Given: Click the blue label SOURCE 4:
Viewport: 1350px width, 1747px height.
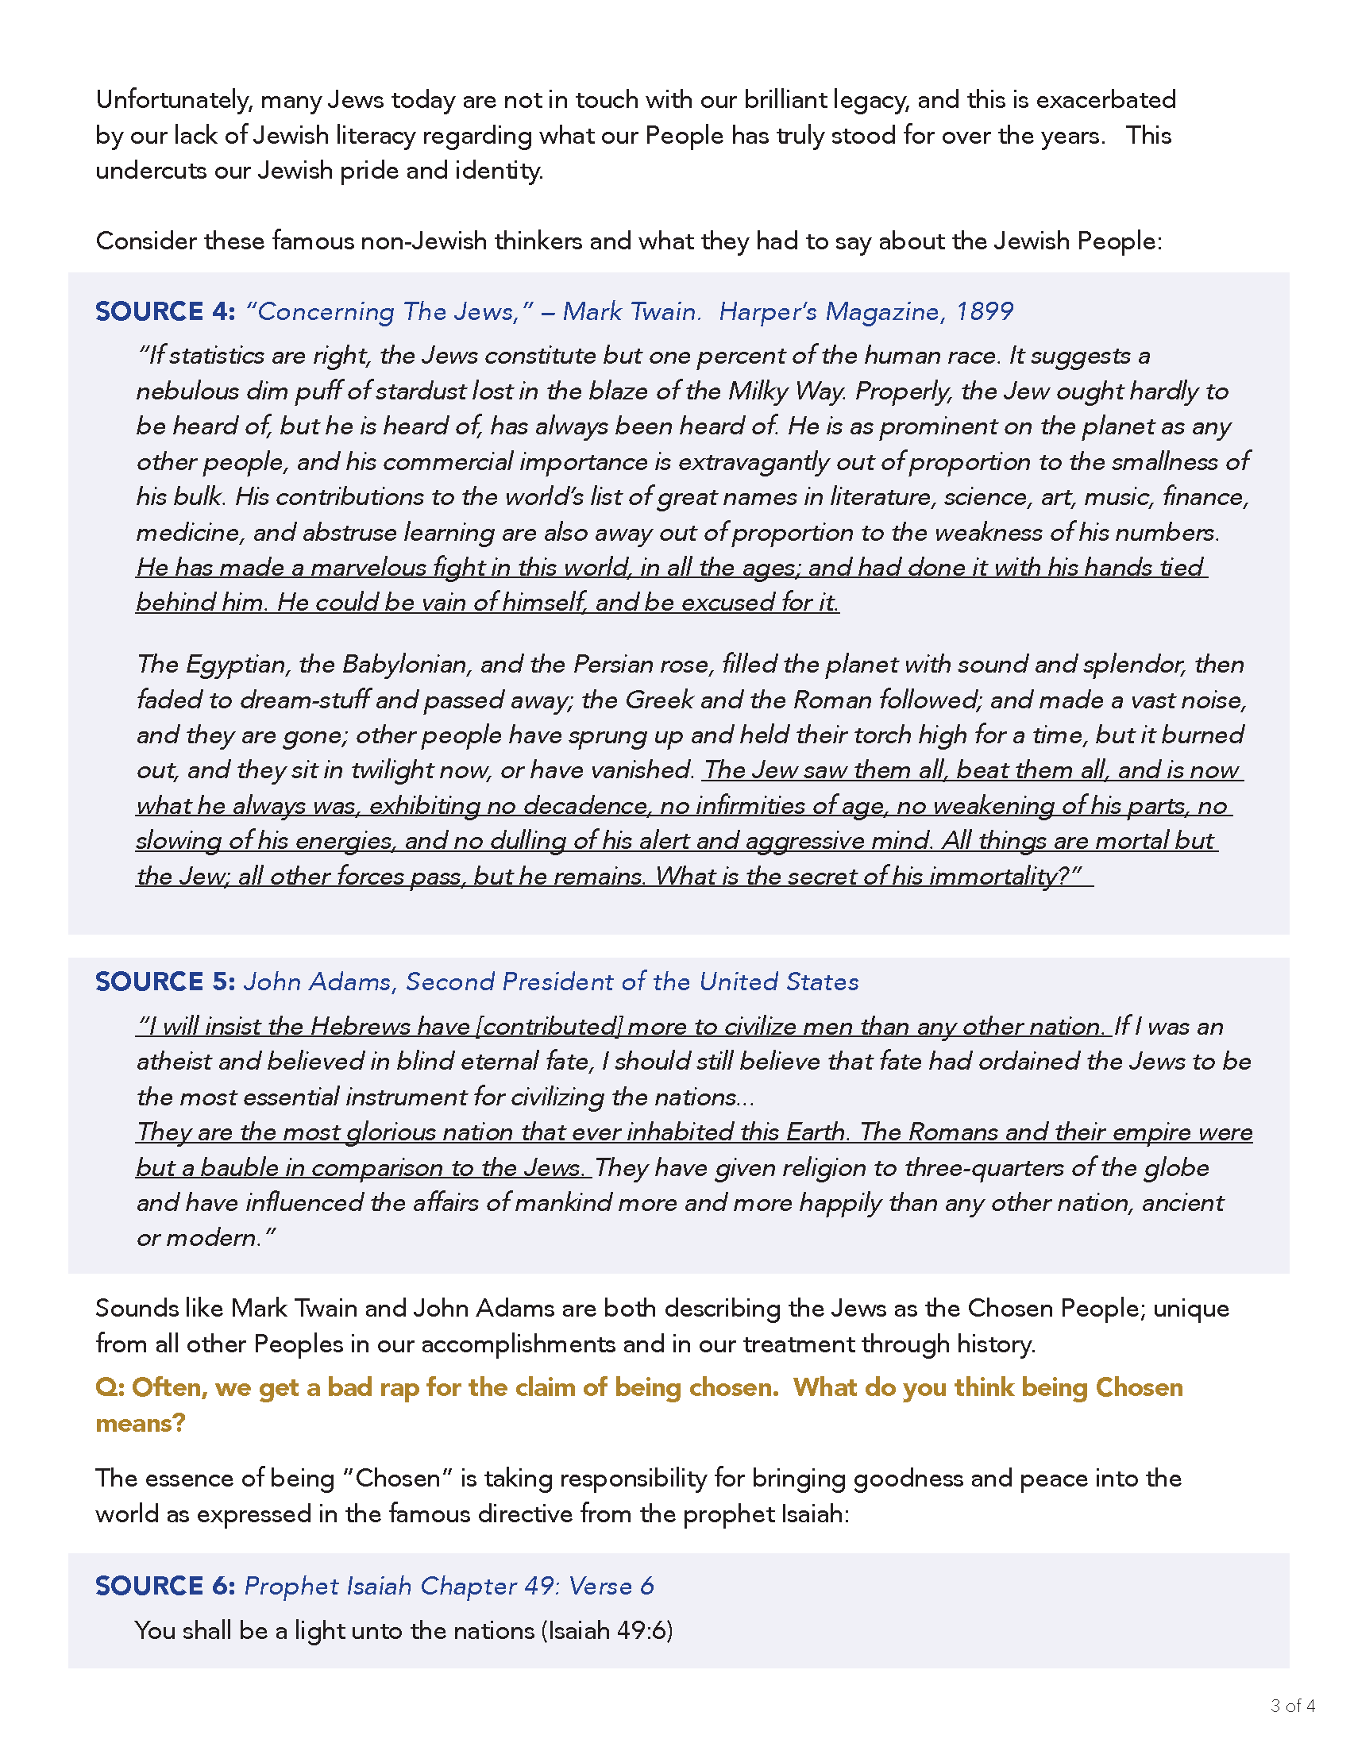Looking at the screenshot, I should click(x=164, y=311).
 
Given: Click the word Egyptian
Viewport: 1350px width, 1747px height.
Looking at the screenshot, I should click(x=237, y=665).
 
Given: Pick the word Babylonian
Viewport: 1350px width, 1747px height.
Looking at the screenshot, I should click(x=405, y=665).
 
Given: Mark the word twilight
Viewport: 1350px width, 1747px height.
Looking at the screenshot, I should click(x=391, y=770).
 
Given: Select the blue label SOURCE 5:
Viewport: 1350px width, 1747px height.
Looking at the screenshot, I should click(x=164, y=981).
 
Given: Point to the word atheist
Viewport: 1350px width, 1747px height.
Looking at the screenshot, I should click(x=174, y=1062).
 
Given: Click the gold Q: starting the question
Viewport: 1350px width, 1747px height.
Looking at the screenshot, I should click(x=110, y=1387).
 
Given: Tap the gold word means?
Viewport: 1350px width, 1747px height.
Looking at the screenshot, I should click(x=140, y=1423).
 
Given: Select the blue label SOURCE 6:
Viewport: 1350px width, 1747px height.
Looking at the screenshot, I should click(x=164, y=1586).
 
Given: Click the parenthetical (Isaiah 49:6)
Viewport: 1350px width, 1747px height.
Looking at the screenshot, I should click(x=607, y=1630).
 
